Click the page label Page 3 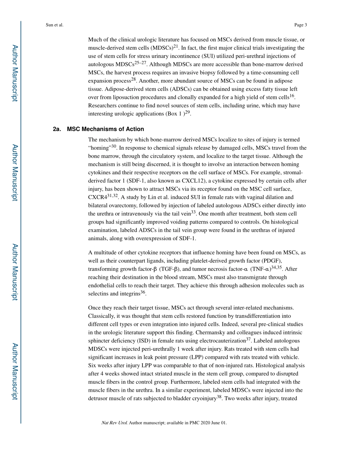pyautogui.click(x=300, y=25)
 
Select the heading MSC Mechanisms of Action pyautogui.click(x=105, y=129)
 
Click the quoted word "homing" pyautogui.click(x=99, y=148)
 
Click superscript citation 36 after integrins pyautogui.click(x=143, y=292)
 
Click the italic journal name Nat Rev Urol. pyautogui.click(x=114, y=423)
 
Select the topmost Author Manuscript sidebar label pyautogui.click(x=15, y=73)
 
